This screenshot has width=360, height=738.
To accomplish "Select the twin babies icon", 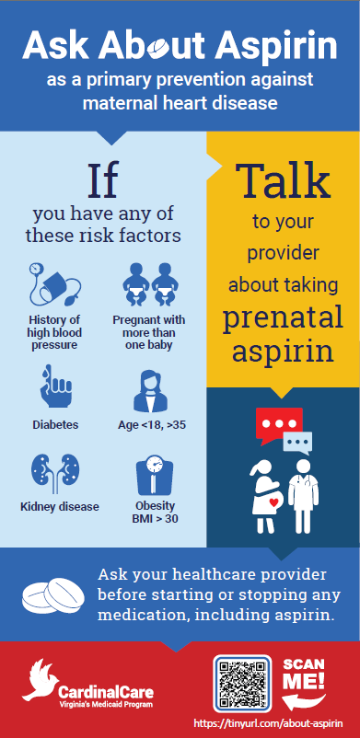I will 149,283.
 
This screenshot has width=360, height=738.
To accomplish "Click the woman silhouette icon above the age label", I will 149,389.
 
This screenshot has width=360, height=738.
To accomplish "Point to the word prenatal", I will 283,317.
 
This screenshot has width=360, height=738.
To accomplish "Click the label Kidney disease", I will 60,506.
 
